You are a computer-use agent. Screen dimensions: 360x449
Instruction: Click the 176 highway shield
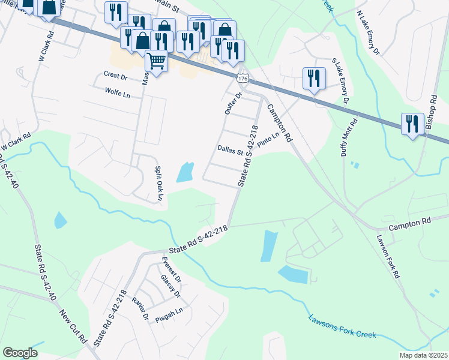click(x=242, y=79)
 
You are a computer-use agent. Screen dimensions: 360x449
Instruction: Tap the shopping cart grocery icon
click(x=156, y=61)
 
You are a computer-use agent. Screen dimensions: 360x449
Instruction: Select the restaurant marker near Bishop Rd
click(x=412, y=124)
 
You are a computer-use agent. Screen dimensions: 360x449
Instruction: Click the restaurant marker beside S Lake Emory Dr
click(x=314, y=78)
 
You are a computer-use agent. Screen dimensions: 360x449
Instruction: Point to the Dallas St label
click(x=230, y=150)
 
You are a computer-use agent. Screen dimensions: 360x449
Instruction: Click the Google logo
click(x=20, y=353)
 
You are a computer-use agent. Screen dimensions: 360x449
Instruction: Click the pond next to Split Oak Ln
click(x=185, y=172)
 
